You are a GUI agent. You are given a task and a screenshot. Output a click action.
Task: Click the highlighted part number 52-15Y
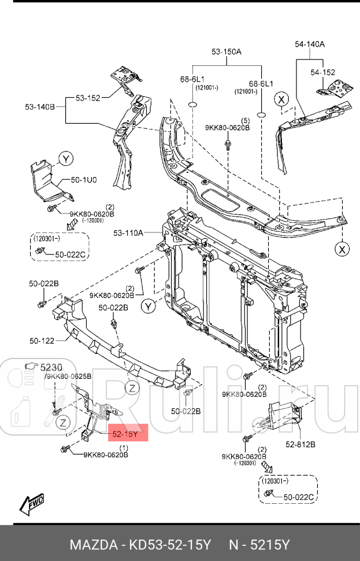tap(125, 433)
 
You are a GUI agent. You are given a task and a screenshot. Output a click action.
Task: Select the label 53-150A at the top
tap(227, 52)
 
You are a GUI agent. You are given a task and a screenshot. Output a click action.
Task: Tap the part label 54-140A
tap(310, 44)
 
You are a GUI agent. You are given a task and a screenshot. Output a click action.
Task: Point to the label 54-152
tap(322, 72)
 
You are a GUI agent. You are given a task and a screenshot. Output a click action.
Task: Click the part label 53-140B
tap(39, 107)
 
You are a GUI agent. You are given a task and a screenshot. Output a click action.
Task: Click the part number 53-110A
tap(128, 233)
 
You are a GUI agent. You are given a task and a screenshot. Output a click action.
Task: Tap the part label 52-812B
tap(300, 444)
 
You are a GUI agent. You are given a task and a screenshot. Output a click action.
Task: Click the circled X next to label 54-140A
tap(281, 99)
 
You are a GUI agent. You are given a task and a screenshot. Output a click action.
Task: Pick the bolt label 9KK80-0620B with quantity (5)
tap(227, 127)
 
